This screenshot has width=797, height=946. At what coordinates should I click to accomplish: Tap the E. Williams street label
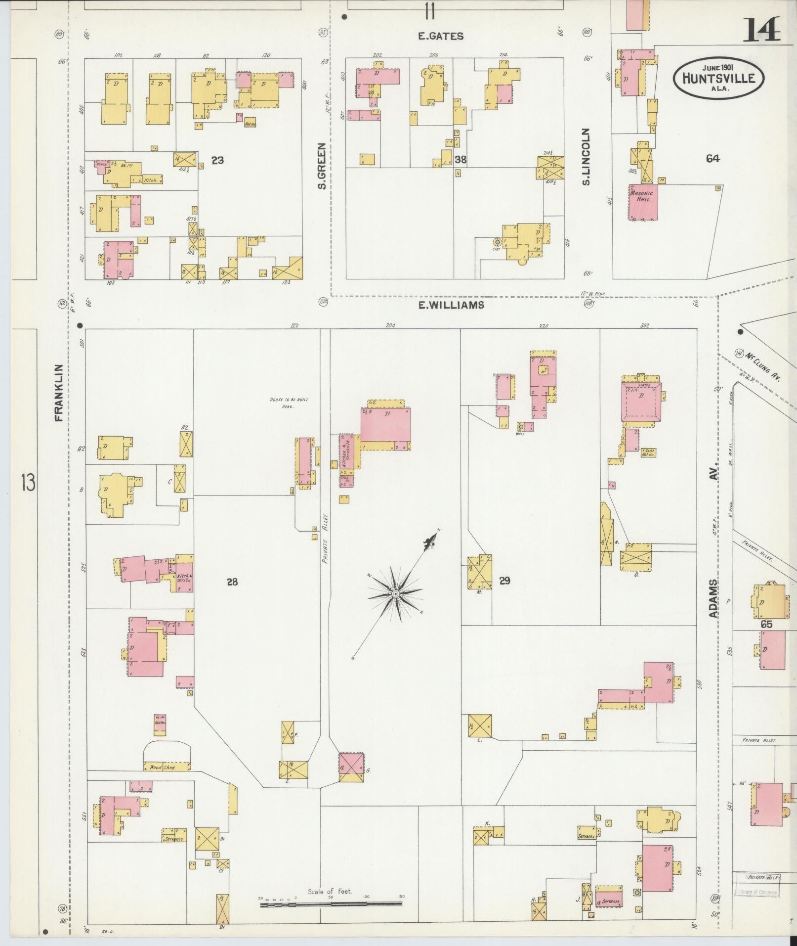451,305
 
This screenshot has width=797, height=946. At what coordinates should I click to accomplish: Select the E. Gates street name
441,36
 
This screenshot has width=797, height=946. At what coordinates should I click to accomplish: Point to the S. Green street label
322,166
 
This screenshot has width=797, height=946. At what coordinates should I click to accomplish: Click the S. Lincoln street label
586,157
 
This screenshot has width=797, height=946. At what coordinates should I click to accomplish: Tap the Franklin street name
59,393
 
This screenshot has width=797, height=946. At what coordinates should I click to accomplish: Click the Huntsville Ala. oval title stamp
718,78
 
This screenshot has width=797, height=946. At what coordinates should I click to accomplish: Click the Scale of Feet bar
331,903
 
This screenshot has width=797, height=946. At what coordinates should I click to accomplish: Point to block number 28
232,582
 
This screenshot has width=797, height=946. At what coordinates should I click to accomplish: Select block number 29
504,581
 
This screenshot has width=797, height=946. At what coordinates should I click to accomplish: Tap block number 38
461,160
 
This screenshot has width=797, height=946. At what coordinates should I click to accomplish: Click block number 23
217,160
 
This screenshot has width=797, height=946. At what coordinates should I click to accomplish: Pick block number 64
713,158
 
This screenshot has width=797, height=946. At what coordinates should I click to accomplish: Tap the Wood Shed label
163,767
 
